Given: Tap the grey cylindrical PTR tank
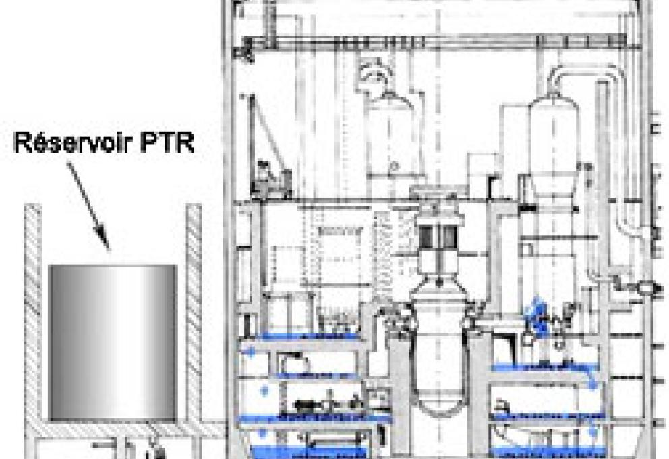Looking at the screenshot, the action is click(113, 343).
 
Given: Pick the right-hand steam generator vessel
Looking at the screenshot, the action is click(554, 145).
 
